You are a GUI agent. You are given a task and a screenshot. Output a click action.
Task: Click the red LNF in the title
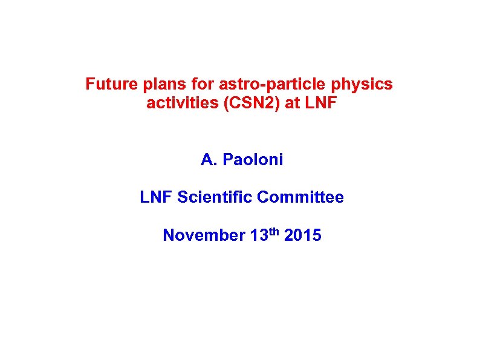coord(321,103)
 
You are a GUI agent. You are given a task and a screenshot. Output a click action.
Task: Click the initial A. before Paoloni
coord(209,160)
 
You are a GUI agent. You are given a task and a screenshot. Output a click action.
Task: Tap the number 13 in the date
coord(257,235)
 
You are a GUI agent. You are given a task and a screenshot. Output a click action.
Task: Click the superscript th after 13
coord(273,231)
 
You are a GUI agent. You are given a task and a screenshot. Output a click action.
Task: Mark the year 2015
coord(302,235)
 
